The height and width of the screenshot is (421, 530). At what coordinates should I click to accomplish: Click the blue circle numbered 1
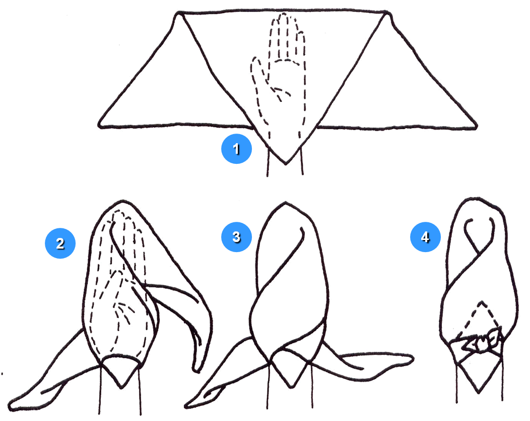pyautogui.click(x=236, y=149)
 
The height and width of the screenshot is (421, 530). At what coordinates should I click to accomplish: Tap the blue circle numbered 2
pyautogui.click(x=60, y=243)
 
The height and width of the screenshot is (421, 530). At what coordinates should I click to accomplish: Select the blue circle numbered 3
pyautogui.click(x=236, y=236)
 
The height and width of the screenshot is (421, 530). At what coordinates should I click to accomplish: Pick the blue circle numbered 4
pyautogui.click(x=425, y=236)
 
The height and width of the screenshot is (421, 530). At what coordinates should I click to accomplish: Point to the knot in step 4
pyautogui.click(x=480, y=342)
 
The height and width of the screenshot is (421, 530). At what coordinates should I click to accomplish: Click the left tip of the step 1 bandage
pyautogui.click(x=99, y=126)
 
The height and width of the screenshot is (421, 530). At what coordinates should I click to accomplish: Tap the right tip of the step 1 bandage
pyautogui.click(x=477, y=127)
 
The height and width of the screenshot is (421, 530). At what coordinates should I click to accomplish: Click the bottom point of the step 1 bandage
pyautogui.click(x=286, y=164)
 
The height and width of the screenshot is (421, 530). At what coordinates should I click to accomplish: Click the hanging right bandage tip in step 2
pyautogui.click(x=196, y=371)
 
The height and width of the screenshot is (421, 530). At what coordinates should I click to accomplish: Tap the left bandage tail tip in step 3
pyautogui.click(x=186, y=405)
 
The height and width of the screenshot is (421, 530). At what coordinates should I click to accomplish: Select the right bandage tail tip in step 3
pyautogui.click(x=413, y=358)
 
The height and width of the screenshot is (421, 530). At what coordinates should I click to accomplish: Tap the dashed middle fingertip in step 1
pyautogui.click(x=284, y=15)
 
